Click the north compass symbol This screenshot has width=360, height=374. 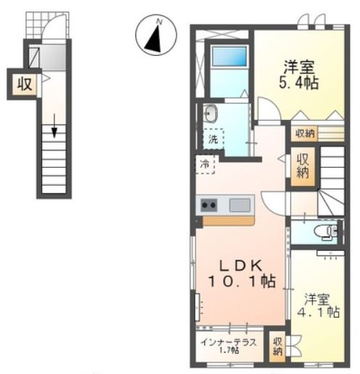156,35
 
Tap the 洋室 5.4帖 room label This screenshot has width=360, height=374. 298,75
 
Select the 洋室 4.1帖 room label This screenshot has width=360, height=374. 318,305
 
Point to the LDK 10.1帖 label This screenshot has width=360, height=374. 241,273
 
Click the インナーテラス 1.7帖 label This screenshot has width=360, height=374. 229,346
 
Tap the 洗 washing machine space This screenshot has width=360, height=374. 213,139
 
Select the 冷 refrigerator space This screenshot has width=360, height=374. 205,164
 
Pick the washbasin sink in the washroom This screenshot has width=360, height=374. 210,113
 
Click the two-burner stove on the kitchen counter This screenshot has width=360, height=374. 209,205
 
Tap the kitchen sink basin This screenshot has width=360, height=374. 240,205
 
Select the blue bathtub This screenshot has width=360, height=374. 230,56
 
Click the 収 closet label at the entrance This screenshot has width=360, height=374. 25,84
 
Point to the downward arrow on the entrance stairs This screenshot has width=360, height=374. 54,126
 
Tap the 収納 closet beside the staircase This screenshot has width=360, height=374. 303,166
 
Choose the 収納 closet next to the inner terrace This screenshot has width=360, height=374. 277,347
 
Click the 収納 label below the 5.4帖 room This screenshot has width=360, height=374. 305,133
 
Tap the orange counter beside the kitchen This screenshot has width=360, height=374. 228,221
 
